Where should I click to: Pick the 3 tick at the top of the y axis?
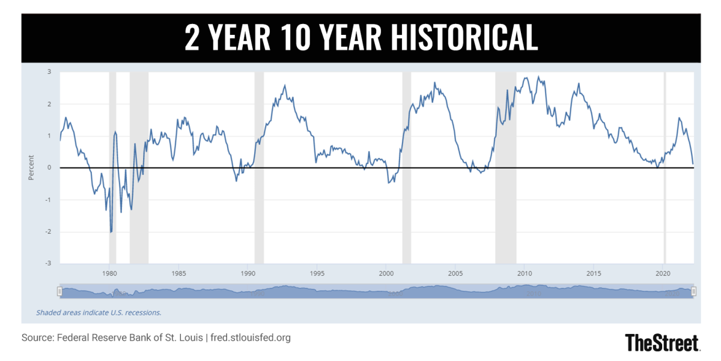(x=49, y=72)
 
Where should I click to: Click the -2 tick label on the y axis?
(x=48, y=232)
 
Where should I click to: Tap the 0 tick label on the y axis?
(x=49, y=168)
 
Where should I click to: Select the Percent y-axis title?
(x=31, y=168)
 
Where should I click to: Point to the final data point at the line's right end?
(x=693, y=163)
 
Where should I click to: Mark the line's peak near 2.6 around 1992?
(x=284, y=85)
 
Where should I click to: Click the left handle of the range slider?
(x=59, y=291)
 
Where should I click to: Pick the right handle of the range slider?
(x=693, y=291)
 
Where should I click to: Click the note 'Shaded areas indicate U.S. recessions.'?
(x=99, y=312)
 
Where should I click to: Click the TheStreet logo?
(x=662, y=342)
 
